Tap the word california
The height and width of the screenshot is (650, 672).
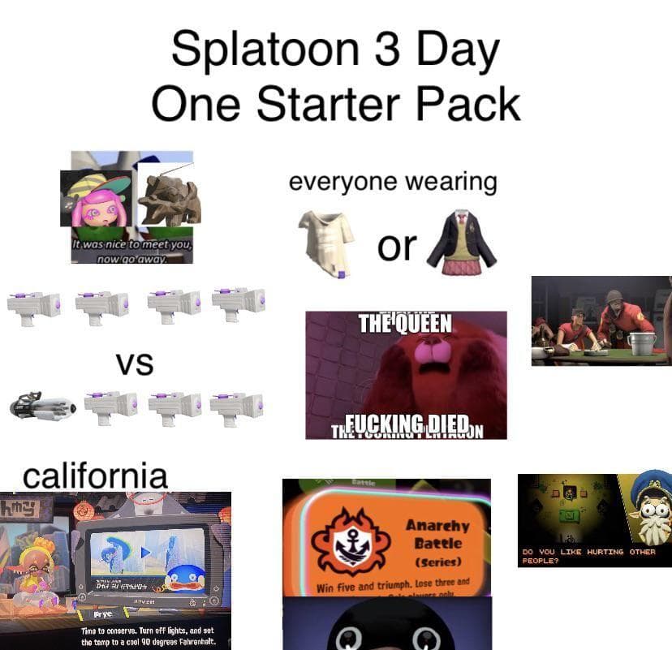pyautogui.click(x=95, y=476)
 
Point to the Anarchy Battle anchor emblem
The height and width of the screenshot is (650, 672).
pyautogui.click(x=352, y=544)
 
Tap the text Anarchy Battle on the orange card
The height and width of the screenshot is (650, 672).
pyautogui.click(x=437, y=533)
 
